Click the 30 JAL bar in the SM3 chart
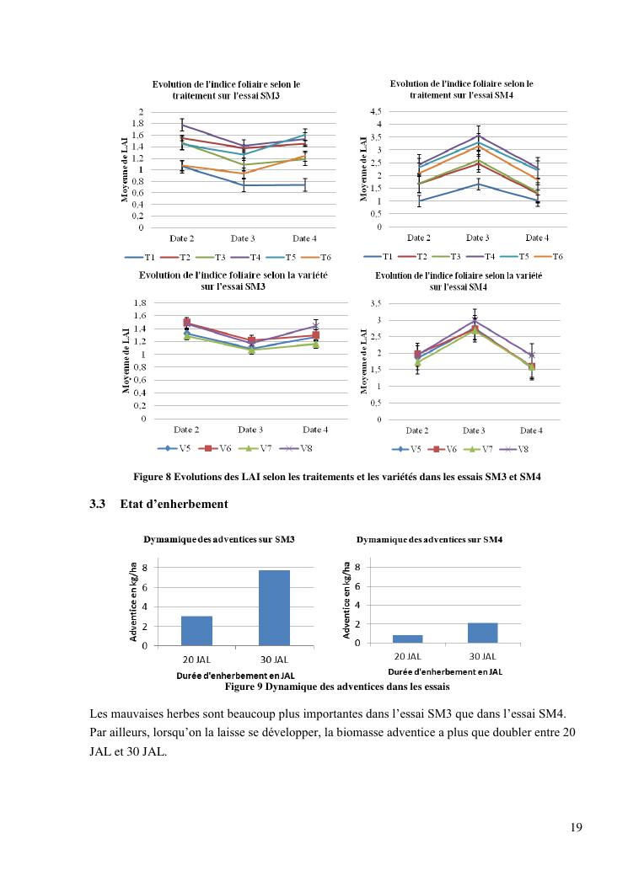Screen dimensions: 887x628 pos(274,607)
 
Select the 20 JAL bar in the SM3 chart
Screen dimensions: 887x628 pos(196,631)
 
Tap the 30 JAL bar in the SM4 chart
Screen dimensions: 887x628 pos(482,633)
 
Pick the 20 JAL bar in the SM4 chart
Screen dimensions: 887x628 pos(407,639)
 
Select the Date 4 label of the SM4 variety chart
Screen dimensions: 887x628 pos(530,430)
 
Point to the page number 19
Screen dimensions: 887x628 pos(576,826)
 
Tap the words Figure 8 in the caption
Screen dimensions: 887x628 pos(153,478)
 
